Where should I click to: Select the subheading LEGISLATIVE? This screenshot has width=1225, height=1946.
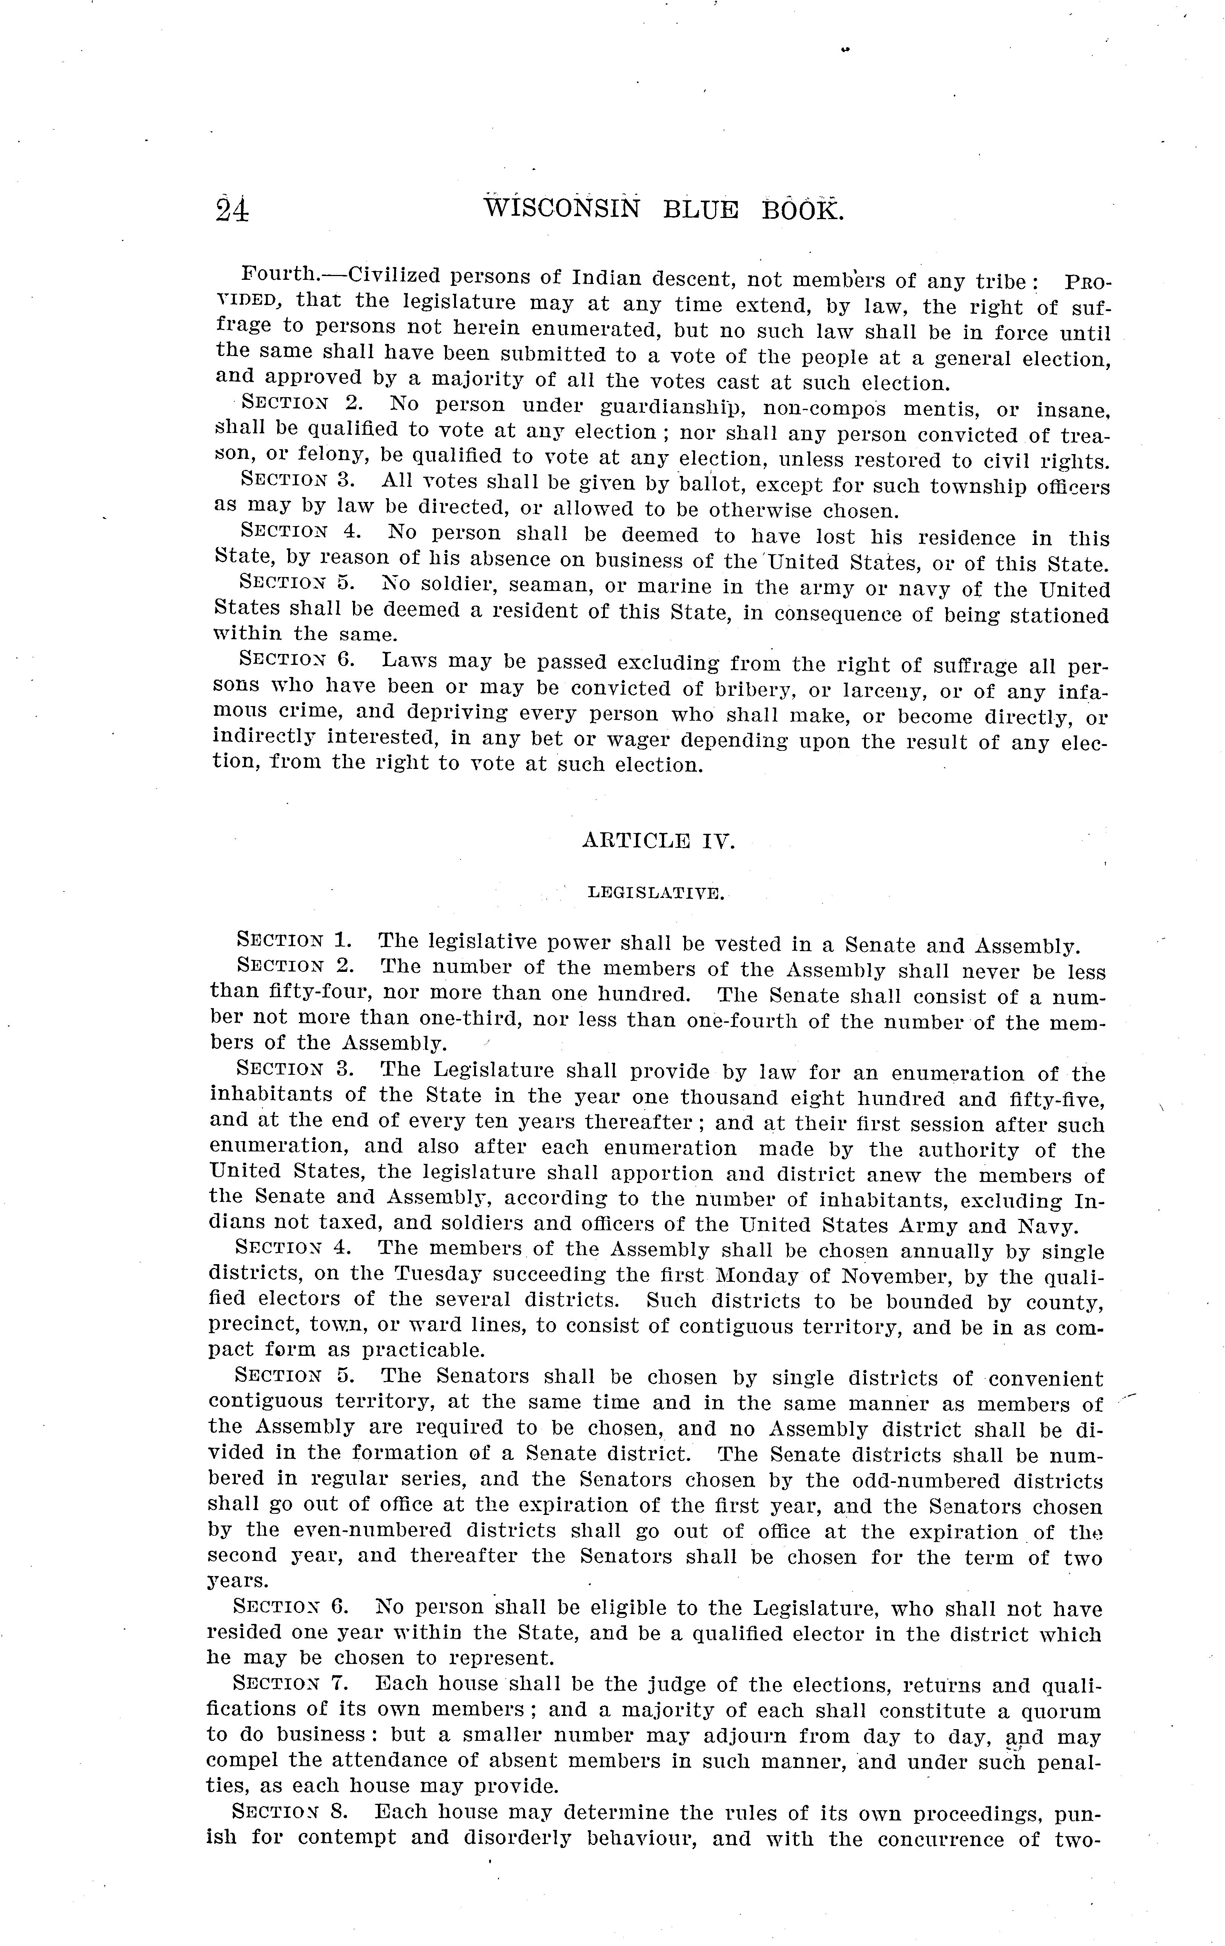coord(655,893)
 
